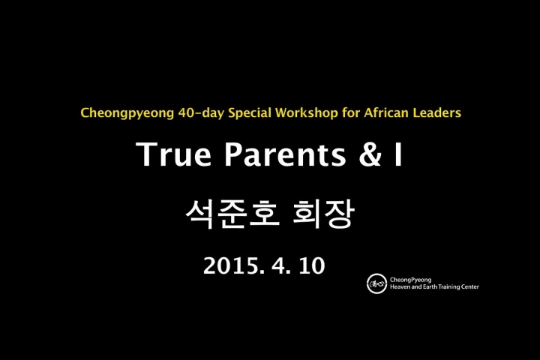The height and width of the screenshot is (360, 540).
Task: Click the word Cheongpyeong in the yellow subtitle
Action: coord(127,113)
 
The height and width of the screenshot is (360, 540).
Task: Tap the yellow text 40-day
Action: coord(201,113)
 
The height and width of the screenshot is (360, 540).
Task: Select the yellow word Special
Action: coord(250,113)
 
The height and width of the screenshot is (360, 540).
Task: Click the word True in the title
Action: coord(173,154)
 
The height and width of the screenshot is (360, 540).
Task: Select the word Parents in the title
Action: coord(285,154)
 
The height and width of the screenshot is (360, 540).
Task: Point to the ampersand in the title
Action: coord(370,154)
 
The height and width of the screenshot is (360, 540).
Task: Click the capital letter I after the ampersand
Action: coord(398,154)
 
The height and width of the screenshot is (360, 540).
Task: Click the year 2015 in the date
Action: coord(234,265)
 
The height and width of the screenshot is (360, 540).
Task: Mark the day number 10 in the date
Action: coord(312,265)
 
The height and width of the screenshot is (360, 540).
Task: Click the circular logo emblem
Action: coord(376,283)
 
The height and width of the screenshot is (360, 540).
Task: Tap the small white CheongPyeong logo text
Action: coord(410,280)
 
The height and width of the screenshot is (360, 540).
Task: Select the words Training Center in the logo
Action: coord(458,286)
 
